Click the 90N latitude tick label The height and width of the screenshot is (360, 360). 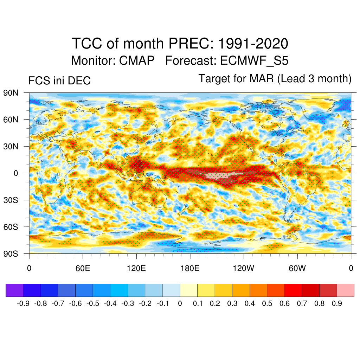(x=11, y=93)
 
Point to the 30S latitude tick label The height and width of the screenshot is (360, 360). (x=11, y=200)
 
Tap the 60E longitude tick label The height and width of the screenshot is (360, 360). (x=83, y=268)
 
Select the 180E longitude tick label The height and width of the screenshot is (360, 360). (x=190, y=268)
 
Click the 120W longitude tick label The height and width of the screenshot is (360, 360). (x=244, y=268)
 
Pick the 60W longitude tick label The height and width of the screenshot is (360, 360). (x=297, y=268)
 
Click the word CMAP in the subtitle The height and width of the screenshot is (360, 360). (x=137, y=60)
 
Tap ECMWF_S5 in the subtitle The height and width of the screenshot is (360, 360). (x=254, y=60)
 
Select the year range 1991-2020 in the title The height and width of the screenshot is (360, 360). (x=253, y=44)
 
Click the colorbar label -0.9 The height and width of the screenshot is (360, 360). (x=24, y=303)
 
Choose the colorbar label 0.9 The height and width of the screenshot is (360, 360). (x=337, y=303)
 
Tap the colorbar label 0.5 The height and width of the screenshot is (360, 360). (x=267, y=303)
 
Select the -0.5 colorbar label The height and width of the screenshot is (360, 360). (x=93, y=303)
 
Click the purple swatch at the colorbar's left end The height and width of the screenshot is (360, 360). (x=14, y=290)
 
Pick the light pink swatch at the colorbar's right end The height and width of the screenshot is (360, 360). (x=346, y=290)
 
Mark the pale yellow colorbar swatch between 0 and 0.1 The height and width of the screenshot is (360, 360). (x=189, y=290)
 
